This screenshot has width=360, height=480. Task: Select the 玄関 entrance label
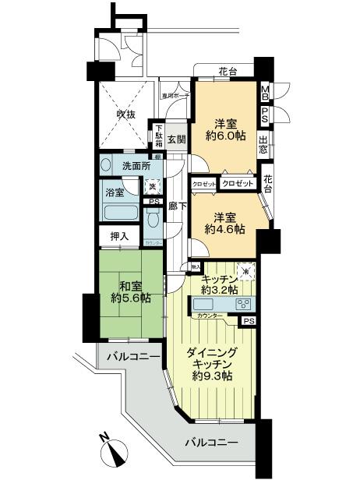tap(176, 140)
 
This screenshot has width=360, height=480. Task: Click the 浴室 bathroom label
tap(115, 192)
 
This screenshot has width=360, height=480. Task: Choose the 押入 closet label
tap(118, 235)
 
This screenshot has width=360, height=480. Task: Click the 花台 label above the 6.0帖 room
tap(228, 72)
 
